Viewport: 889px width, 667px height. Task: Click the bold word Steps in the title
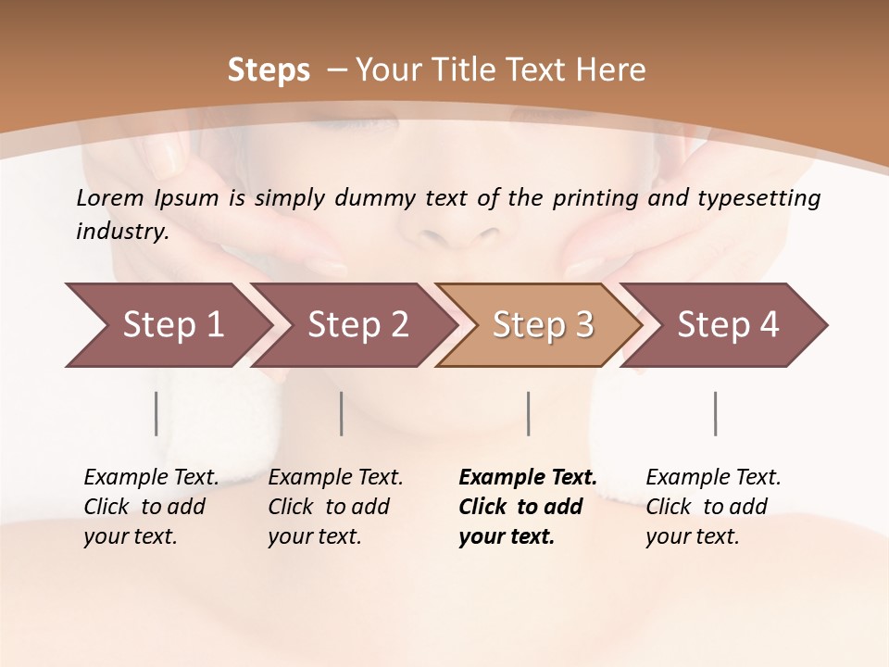(269, 70)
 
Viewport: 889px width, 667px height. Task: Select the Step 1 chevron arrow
(167, 325)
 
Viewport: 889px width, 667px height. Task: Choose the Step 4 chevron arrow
(726, 325)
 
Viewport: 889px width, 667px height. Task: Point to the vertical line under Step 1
(157, 413)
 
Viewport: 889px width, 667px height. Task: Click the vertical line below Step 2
(342, 413)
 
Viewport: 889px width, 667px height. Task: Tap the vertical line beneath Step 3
(528, 413)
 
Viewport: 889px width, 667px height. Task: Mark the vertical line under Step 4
(715, 413)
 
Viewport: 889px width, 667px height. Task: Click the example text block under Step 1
(151, 507)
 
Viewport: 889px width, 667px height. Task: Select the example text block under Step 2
(335, 507)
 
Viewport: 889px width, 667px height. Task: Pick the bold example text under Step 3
(527, 507)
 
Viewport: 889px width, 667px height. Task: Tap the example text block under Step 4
(713, 507)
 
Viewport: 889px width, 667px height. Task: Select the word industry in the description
(121, 232)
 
